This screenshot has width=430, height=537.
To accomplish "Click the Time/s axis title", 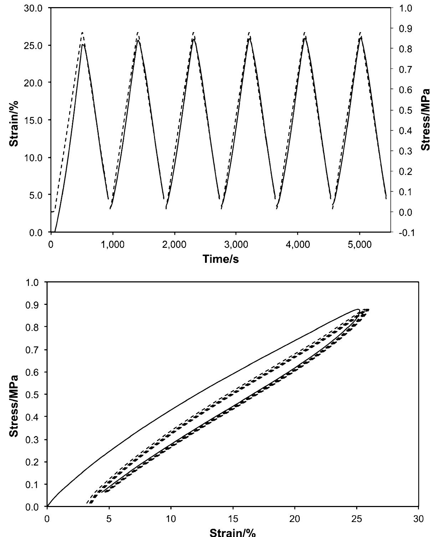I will coord(221,259).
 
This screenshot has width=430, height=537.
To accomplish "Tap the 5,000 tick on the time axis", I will coord(359,245).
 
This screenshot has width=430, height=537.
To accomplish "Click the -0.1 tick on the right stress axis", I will coord(405,233).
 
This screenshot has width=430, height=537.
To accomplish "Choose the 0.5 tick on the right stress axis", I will coord(405,110).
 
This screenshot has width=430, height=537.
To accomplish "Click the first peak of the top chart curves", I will coord(82,33).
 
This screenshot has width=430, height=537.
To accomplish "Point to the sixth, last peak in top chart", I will coord(360,33).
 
